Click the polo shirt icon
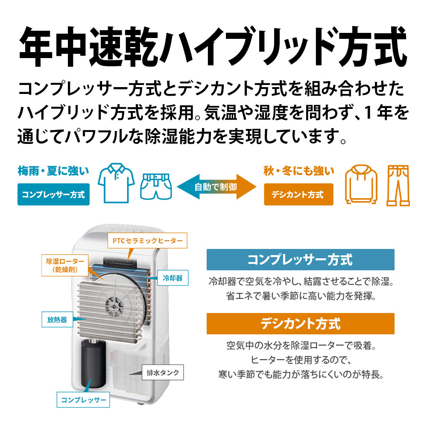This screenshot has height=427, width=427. [x=116, y=183]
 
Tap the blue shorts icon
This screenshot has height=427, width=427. [x=156, y=186]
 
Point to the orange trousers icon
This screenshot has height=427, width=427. [x=398, y=185]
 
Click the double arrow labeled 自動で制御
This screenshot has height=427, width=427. [x=216, y=187]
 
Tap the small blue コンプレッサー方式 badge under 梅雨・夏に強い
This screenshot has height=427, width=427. [x=54, y=194]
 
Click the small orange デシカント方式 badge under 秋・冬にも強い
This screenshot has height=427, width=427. [x=298, y=194]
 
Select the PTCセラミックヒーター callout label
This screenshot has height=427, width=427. [x=147, y=240]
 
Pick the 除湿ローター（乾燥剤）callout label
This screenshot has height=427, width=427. [x=65, y=265]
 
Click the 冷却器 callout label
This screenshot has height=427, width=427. [x=173, y=278]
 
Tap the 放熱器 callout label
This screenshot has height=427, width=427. [x=57, y=319]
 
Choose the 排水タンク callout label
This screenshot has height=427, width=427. [x=163, y=372]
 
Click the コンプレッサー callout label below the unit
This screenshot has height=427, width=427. [x=83, y=400]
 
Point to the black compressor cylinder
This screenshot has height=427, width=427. [x=93, y=363]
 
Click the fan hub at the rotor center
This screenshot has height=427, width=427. [x=114, y=306]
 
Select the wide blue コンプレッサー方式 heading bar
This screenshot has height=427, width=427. [x=300, y=260]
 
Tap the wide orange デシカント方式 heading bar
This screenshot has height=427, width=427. [x=300, y=324]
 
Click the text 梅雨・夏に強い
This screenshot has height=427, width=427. [x=53, y=171]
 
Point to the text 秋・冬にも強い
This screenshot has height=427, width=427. [x=299, y=171]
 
